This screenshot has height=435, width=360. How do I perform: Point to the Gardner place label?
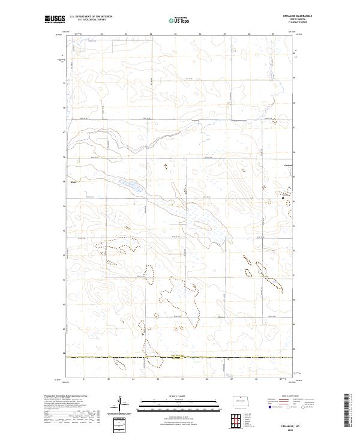click(288, 166)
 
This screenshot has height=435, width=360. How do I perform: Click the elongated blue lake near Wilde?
click(129, 185)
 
